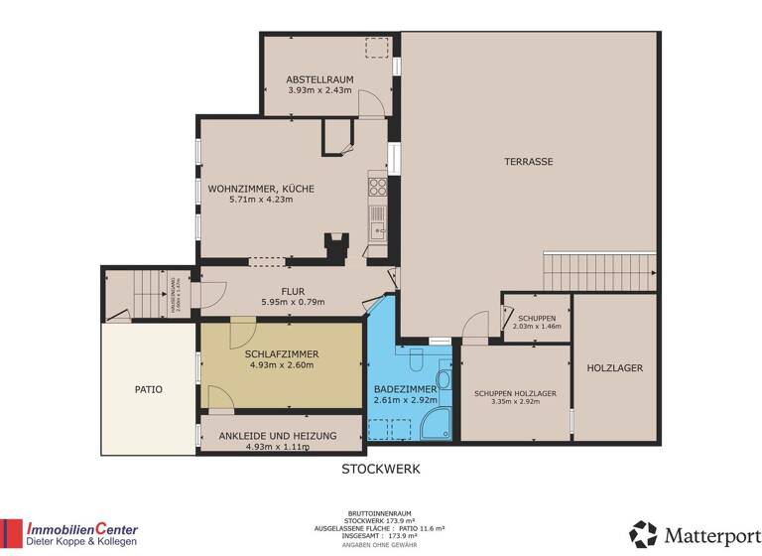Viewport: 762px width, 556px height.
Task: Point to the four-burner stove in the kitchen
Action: coord(377,184)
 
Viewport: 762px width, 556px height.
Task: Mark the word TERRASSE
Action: coord(528,161)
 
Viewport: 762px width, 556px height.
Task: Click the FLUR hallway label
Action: coord(292,291)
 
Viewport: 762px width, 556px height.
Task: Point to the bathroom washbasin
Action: coord(444,382)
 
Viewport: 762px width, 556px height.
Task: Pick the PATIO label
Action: coord(149,389)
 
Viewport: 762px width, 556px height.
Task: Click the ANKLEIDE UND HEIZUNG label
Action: coord(277,435)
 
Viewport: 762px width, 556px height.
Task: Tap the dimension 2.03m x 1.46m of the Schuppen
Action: coord(537,326)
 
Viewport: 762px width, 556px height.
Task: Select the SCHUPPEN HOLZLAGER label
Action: coord(515,393)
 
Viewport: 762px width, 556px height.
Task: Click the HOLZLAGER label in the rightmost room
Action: coord(614,367)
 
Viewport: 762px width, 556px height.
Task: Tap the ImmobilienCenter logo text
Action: coord(82,529)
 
